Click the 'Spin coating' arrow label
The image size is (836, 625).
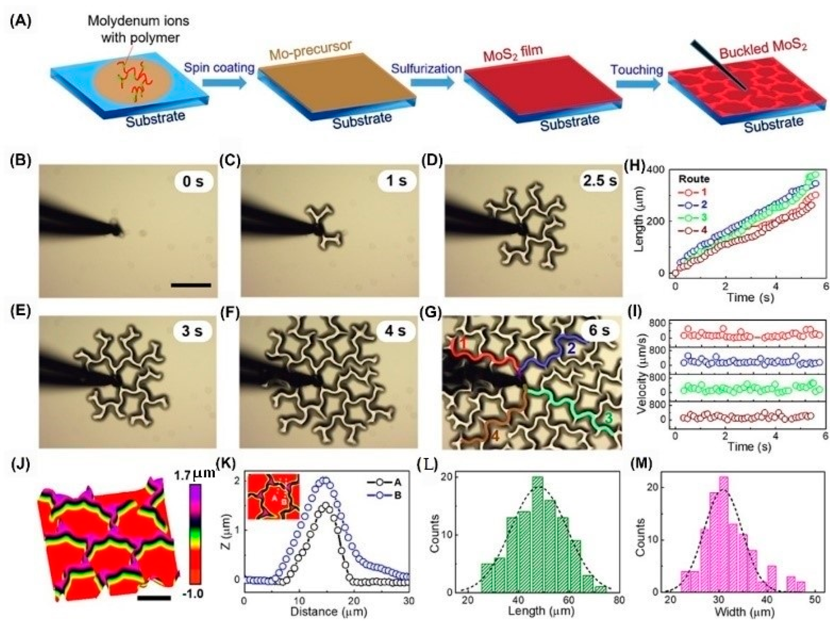[219, 68]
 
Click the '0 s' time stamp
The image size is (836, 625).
[193, 182]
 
